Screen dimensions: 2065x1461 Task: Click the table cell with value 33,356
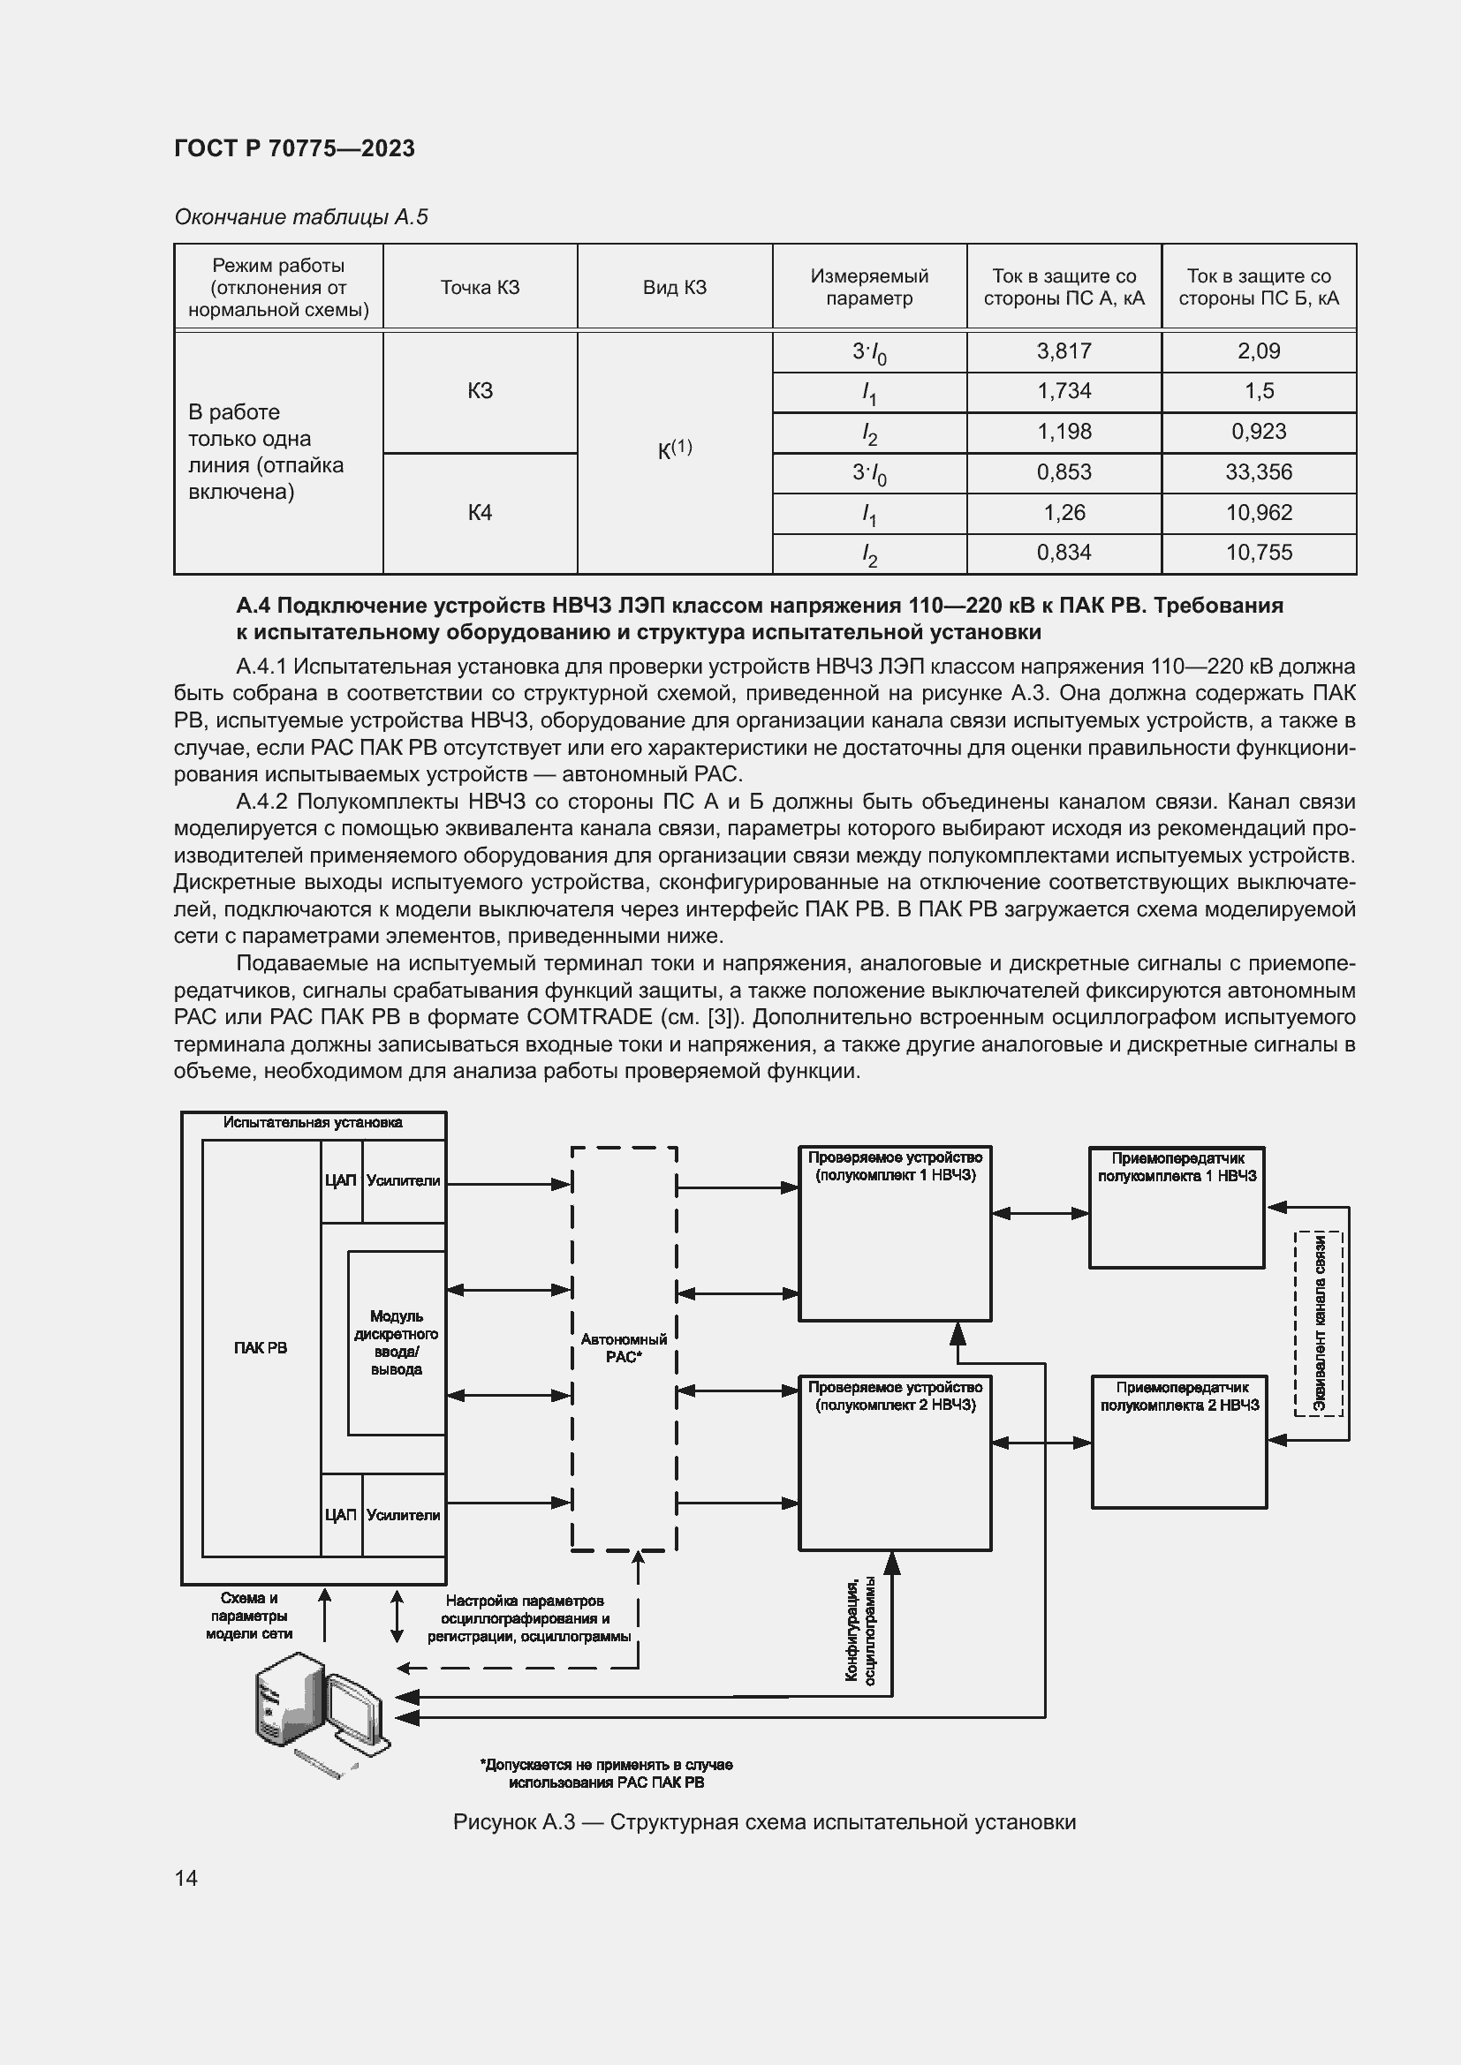1258,472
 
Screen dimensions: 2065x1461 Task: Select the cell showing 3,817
1064,351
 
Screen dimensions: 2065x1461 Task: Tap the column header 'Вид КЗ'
674,288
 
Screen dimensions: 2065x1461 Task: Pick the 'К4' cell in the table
480,513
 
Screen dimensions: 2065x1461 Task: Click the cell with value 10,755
1258,554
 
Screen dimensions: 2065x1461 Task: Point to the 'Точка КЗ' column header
480,288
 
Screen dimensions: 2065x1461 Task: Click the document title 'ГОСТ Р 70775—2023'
294,148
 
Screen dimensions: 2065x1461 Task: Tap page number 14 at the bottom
186,1878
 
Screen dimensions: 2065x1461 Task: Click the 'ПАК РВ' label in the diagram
260,1348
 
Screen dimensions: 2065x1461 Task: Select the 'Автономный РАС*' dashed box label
624,1348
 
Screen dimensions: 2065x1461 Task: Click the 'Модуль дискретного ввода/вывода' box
396,1343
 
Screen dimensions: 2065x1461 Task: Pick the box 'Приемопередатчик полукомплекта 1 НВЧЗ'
1177,1207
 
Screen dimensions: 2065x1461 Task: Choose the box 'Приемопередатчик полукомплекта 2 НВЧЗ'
1179,1441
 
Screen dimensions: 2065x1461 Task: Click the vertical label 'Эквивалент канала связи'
1319,1323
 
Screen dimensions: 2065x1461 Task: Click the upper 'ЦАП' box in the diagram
341,1181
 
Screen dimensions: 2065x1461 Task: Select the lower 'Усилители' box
404,1516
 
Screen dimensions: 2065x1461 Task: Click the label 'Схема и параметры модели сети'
249,1617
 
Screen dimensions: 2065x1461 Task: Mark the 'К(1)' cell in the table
674,449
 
